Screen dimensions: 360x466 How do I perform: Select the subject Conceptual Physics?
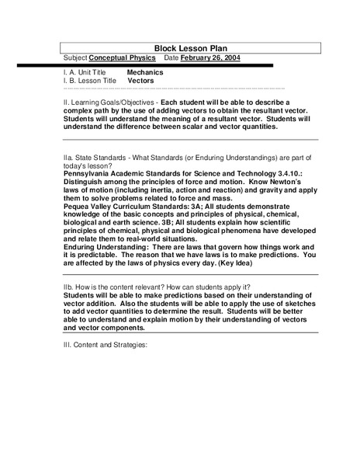(x=123, y=58)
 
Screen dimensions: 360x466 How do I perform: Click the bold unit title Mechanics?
(x=145, y=72)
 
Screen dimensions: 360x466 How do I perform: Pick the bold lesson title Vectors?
(x=140, y=81)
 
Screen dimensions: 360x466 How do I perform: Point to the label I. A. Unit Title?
(x=86, y=72)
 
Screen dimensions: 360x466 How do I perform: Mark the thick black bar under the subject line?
(x=168, y=65)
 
